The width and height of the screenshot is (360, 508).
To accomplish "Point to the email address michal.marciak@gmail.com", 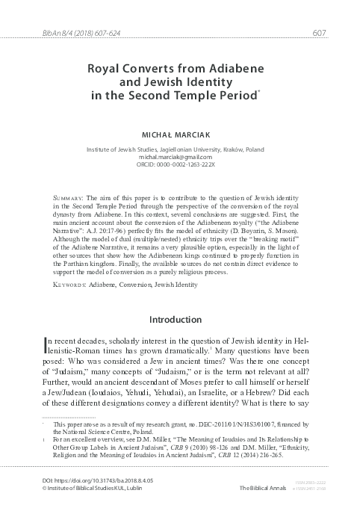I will coord(180,157).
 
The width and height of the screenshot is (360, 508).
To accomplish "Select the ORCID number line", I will coord(180,165).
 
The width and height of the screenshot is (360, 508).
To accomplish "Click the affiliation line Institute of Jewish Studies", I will coord(180,149).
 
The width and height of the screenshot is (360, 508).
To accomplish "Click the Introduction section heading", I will coord(180,320).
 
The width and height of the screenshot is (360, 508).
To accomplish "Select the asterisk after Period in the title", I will coord(259,90).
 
